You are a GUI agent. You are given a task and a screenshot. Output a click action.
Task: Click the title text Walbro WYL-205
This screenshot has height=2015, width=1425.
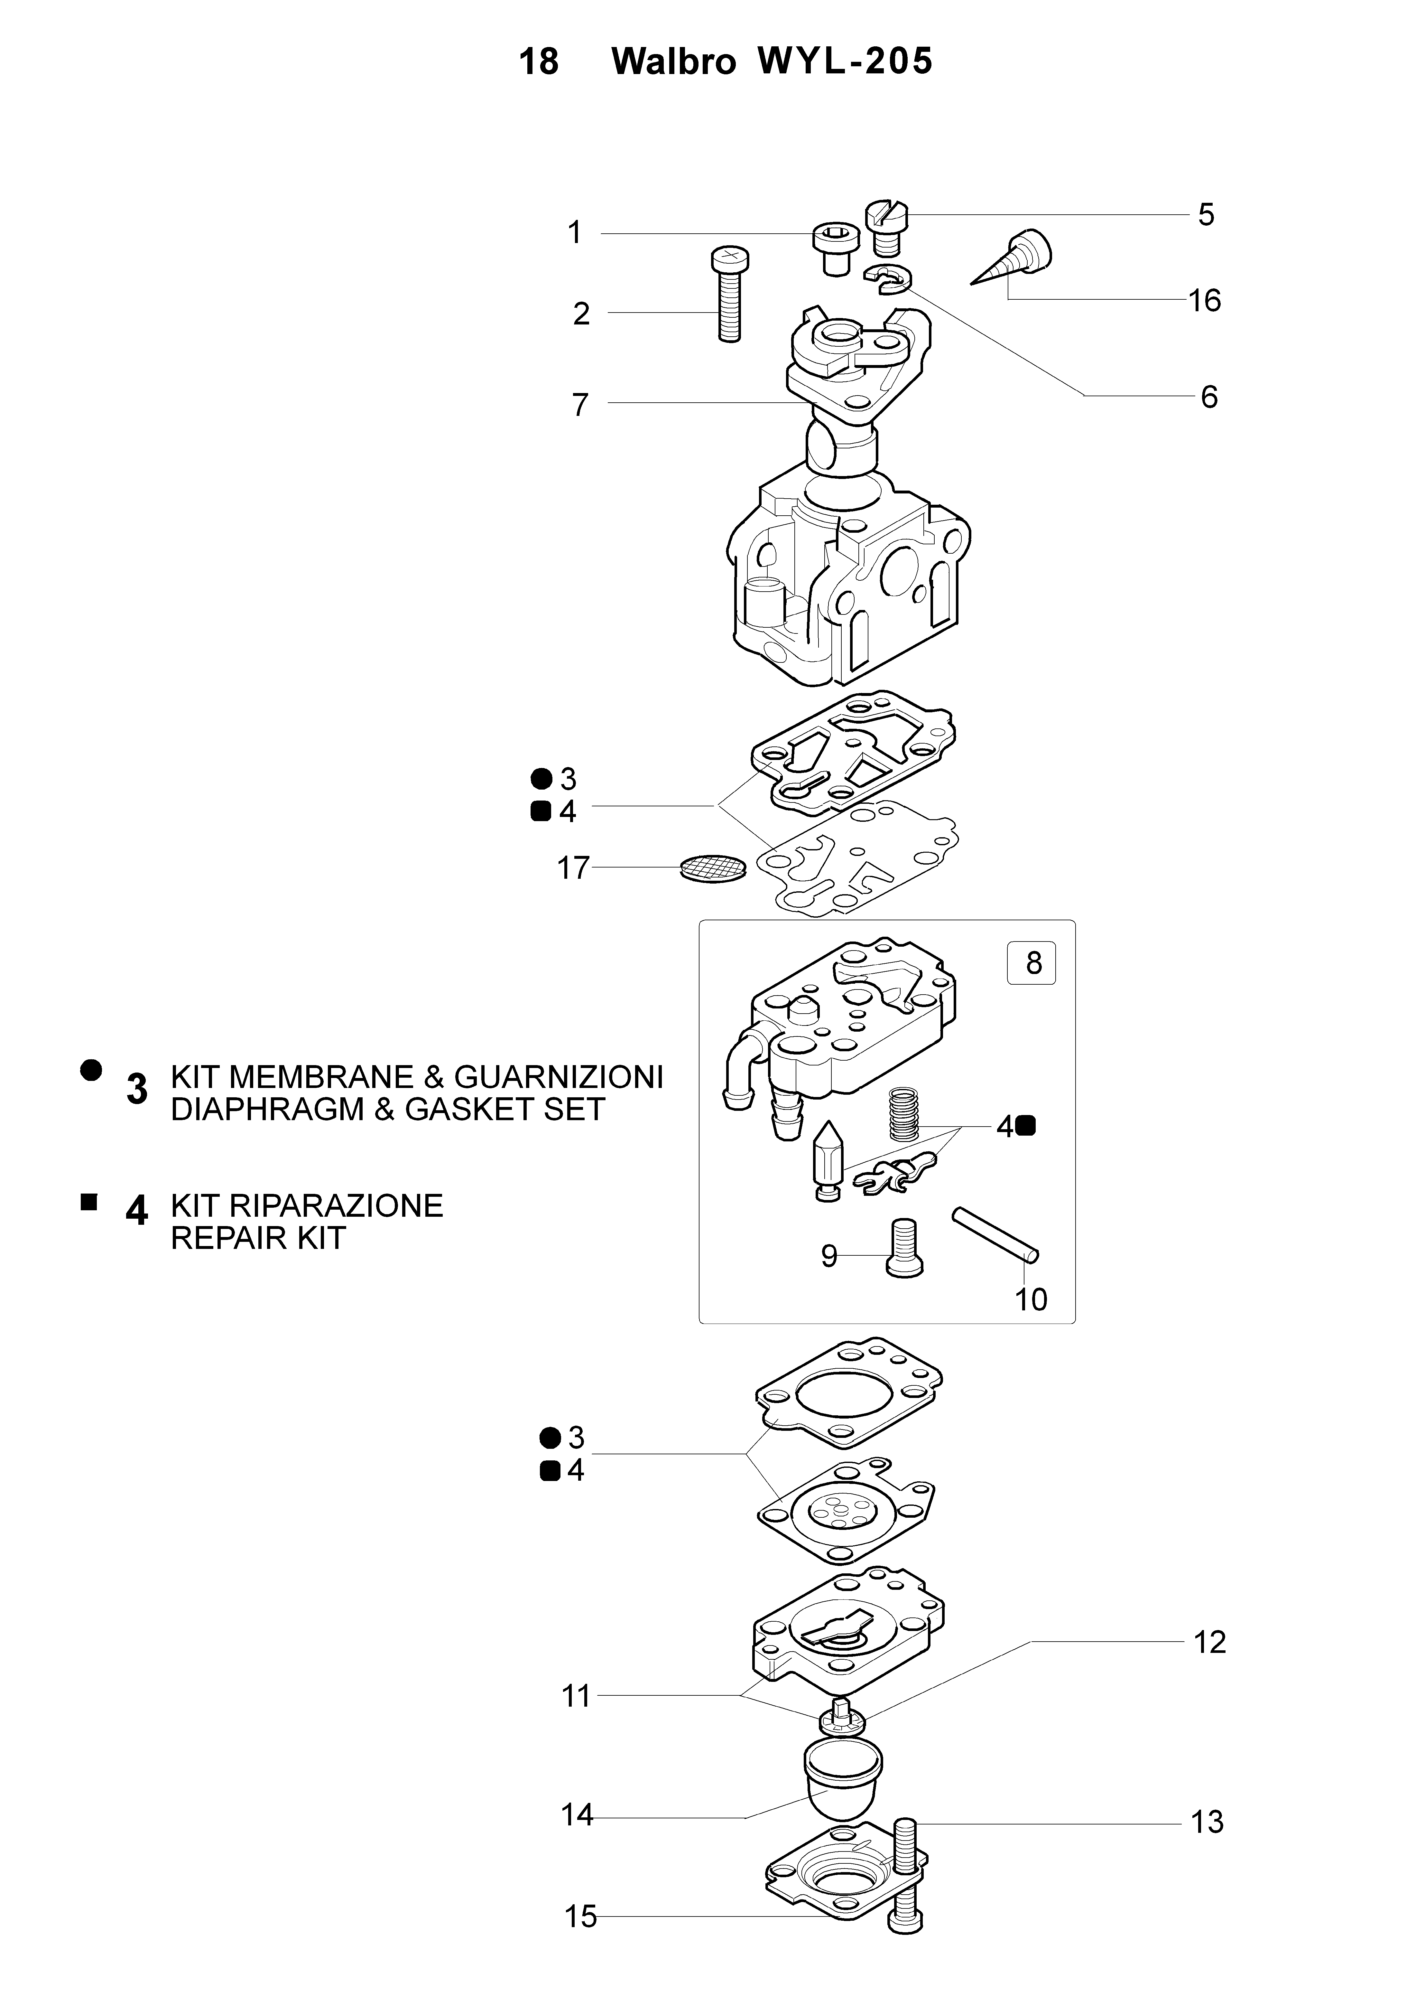click(772, 61)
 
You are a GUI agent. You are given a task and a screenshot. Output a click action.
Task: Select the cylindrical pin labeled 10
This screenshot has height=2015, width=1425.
click(995, 1236)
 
